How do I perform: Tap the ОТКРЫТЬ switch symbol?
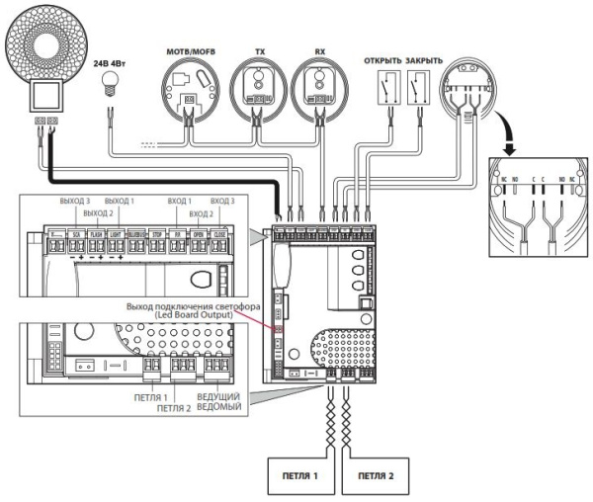pos(380,90)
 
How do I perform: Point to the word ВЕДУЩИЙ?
pos(220,394)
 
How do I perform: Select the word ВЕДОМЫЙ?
pos(220,405)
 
